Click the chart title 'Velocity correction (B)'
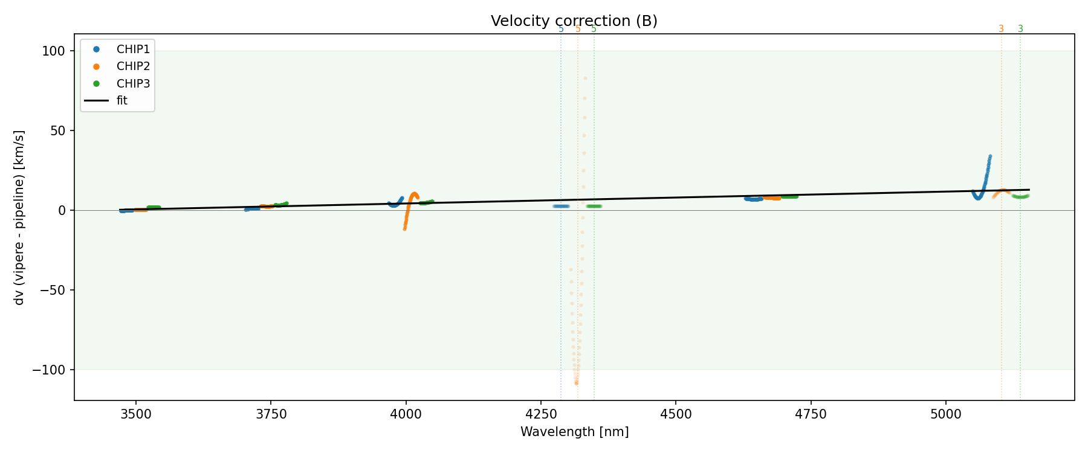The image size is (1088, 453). tap(574, 21)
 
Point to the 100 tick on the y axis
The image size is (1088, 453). tap(53, 51)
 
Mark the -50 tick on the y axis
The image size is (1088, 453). tap(52, 290)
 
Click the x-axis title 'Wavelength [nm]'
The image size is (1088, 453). tap(574, 432)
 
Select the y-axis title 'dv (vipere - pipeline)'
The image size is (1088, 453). tap(19, 217)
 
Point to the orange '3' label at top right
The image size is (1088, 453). tap(1001, 29)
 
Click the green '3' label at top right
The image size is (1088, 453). tap(1020, 29)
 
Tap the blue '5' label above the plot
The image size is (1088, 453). tap(561, 29)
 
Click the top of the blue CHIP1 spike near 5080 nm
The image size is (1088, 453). tap(990, 156)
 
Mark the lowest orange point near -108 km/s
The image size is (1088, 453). tap(576, 383)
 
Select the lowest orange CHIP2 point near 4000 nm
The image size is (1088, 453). tap(404, 229)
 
